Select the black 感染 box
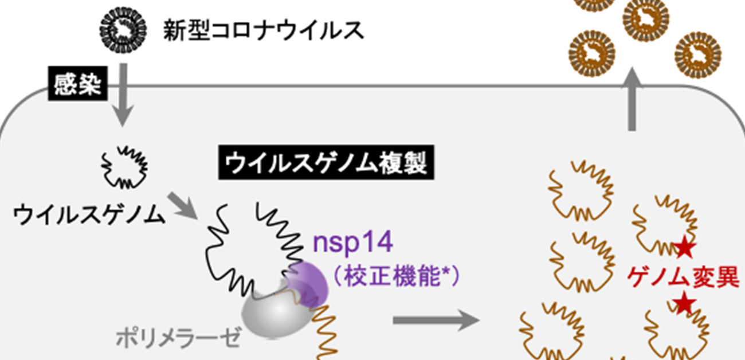tap(77, 87)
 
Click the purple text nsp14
tap(352, 242)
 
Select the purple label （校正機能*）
tap(396, 277)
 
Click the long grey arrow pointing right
tap(436, 319)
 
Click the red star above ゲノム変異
tap(684, 248)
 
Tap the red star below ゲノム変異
tap(683, 303)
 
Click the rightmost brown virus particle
tap(698, 54)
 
